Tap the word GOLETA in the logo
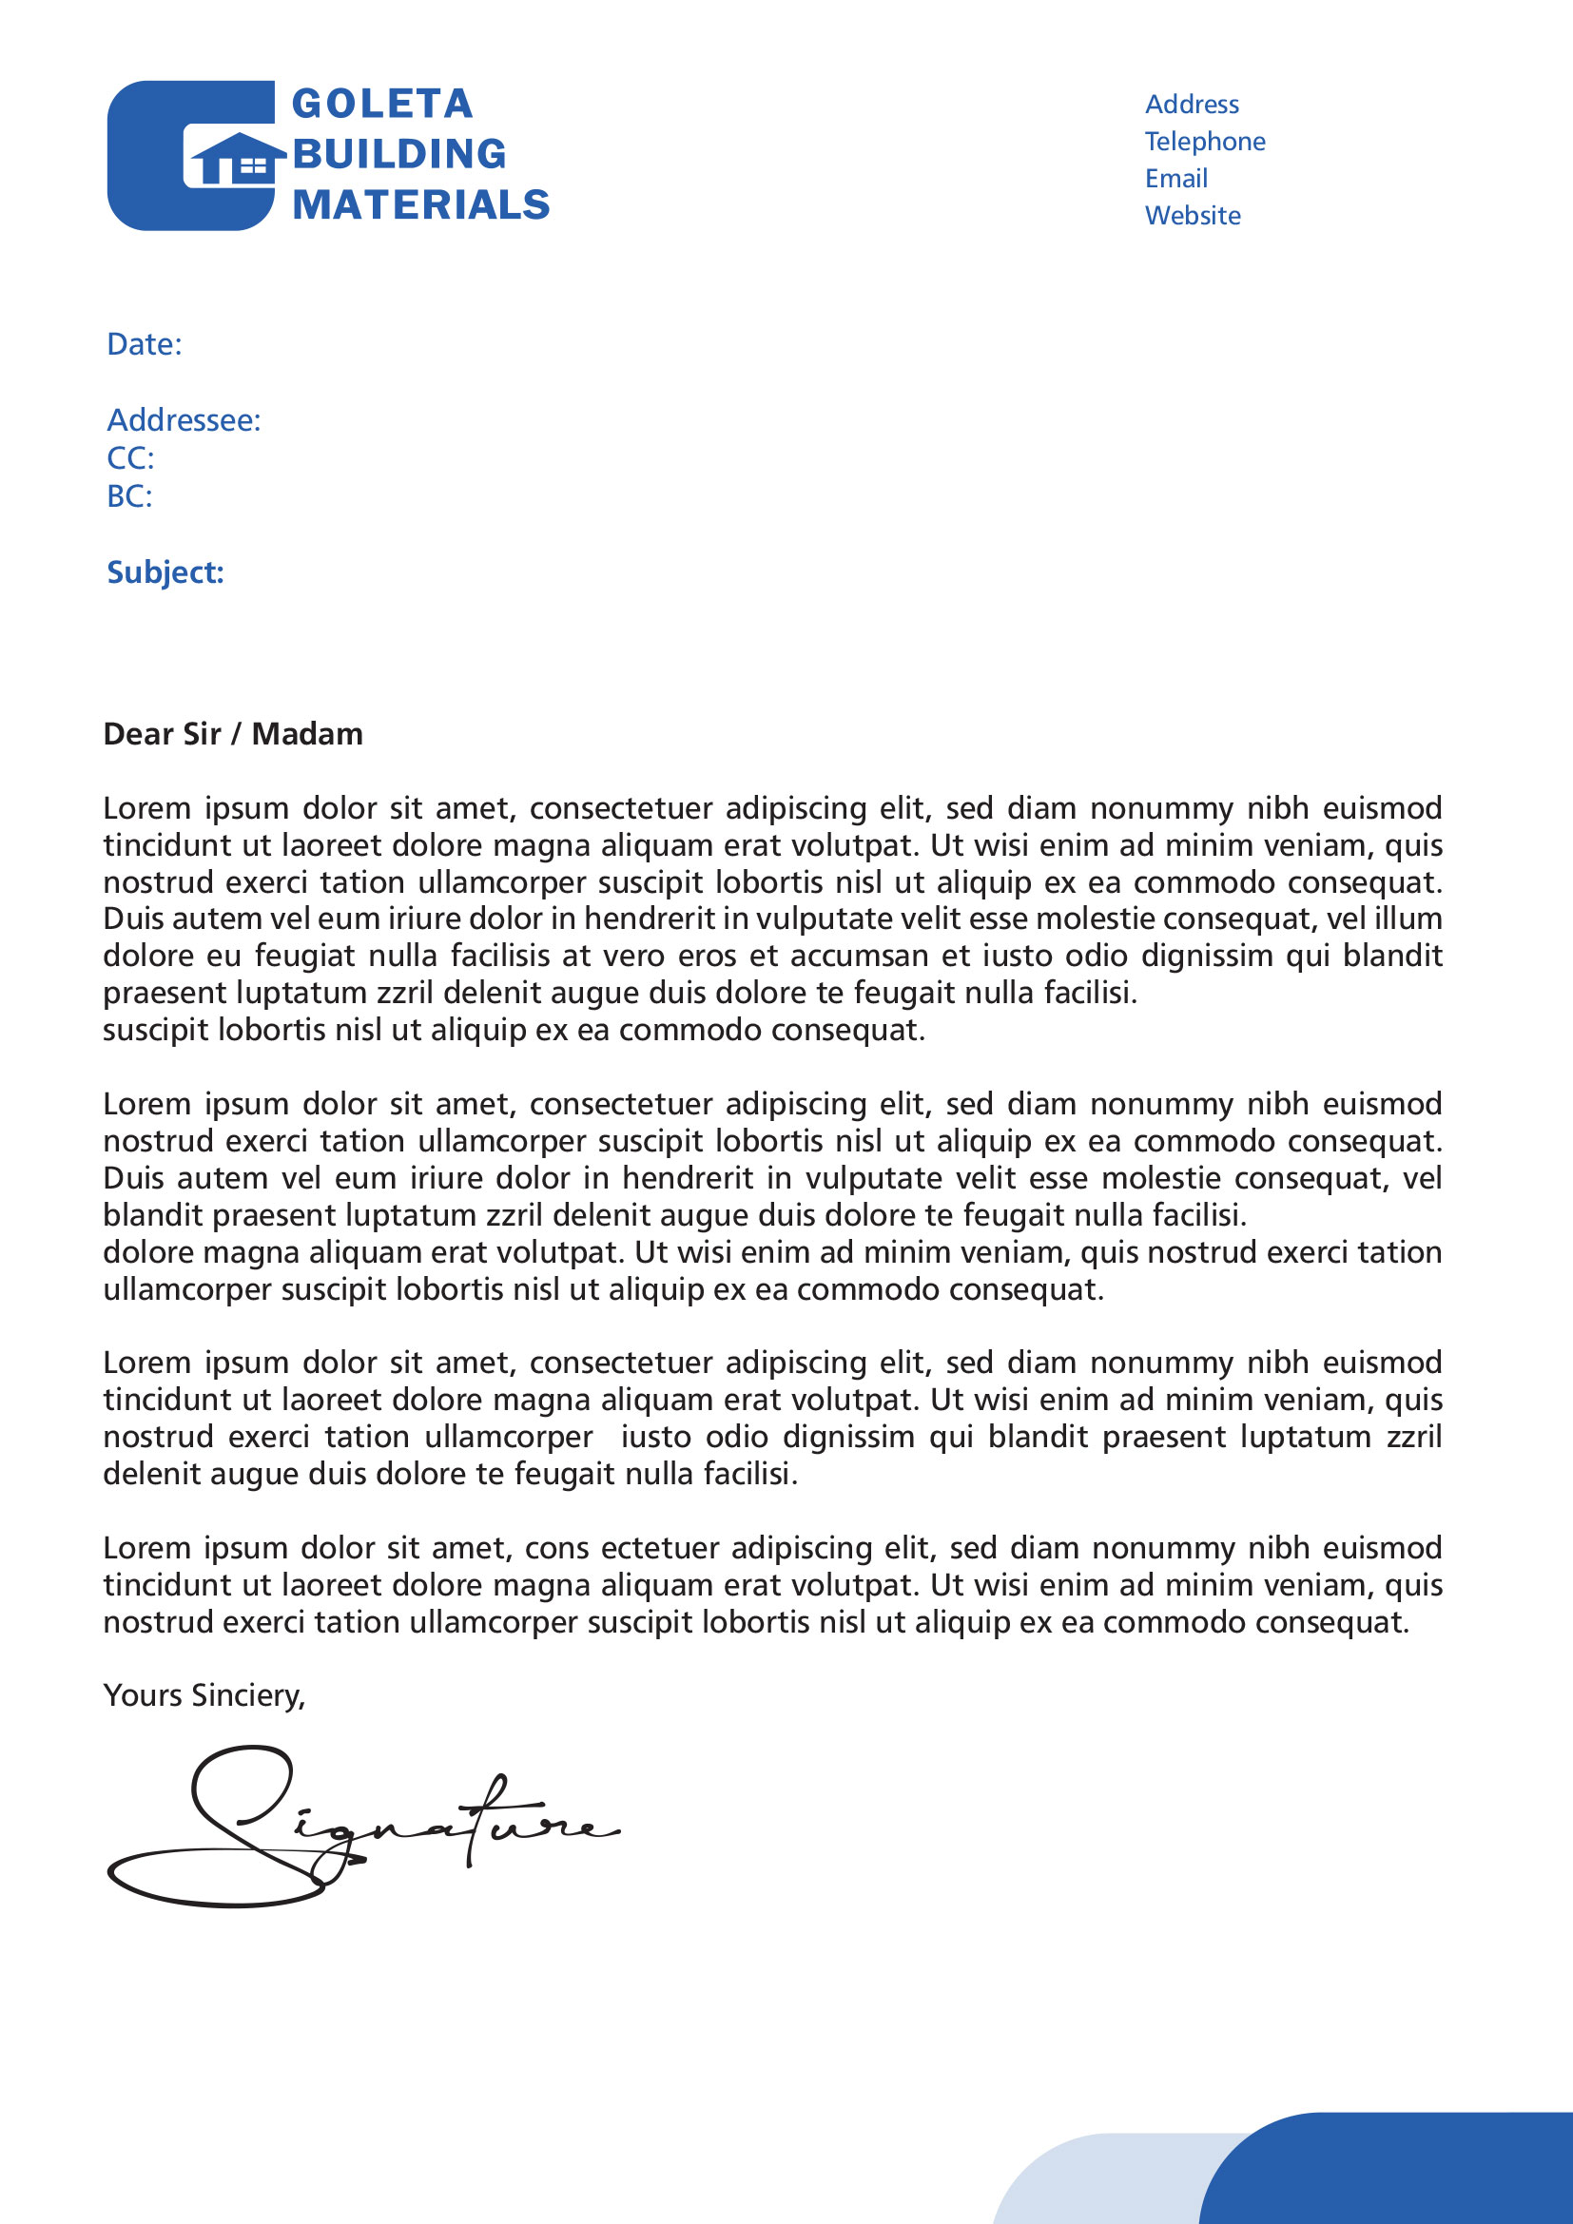coord(381,104)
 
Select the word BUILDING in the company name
coord(399,154)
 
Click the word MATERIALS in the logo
coord(421,204)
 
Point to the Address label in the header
coord(1192,105)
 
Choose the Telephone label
coord(1205,142)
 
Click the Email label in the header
coord(1175,178)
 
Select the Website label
coord(1193,215)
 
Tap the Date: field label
coord(145,344)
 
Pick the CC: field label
coord(130,458)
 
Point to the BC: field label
coord(129,496)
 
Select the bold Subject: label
coord(165,572)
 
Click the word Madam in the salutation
coord(307,734)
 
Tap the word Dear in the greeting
coord(135,734)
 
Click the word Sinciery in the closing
coord(248,1695)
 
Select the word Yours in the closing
coord(144,1695)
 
